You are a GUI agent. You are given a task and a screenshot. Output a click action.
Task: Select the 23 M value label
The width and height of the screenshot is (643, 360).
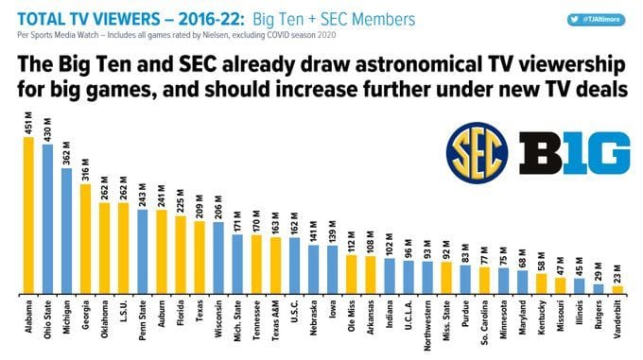(617, 273)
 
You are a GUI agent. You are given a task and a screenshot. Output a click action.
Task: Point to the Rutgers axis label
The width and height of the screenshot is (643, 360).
(599, 318)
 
